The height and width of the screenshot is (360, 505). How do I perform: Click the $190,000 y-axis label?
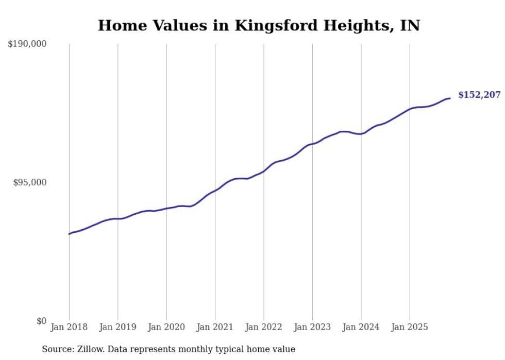(27, 44)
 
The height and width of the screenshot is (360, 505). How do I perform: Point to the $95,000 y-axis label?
(29, 182)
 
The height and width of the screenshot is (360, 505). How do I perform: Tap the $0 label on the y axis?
(41, 321)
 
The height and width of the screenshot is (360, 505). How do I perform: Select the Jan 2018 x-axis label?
(69, 327)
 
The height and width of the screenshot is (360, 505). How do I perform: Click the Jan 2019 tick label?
(117, 327)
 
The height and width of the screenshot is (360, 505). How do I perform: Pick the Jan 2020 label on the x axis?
(166, 327)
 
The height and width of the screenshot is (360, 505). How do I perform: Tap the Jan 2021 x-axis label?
(215, 327)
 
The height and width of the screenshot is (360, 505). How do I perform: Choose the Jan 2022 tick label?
(264, 327)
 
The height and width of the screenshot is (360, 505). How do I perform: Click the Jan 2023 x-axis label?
(312, 327)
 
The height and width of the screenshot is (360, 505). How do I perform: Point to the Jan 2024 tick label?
(361, 327)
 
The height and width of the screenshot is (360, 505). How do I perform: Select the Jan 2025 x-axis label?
(410, 327)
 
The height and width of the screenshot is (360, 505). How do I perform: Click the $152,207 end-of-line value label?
(479, 95)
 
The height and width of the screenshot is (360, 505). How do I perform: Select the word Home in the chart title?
(120, 25)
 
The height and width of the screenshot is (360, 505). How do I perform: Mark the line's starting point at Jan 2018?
(69, 234)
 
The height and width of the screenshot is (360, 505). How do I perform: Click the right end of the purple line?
(450, 98)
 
